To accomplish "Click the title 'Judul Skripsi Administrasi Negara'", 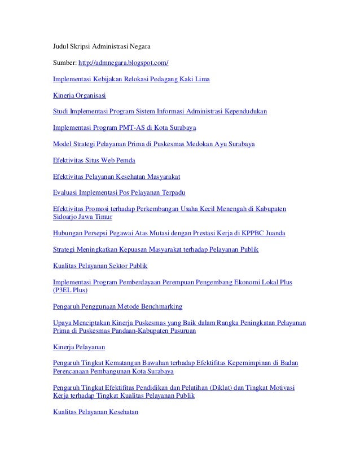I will point(102,43).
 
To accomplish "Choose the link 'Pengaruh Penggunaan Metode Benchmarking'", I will point(117,306).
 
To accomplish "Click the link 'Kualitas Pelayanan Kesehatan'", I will point(95,412).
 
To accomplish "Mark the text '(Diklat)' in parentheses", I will point(207,388).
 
